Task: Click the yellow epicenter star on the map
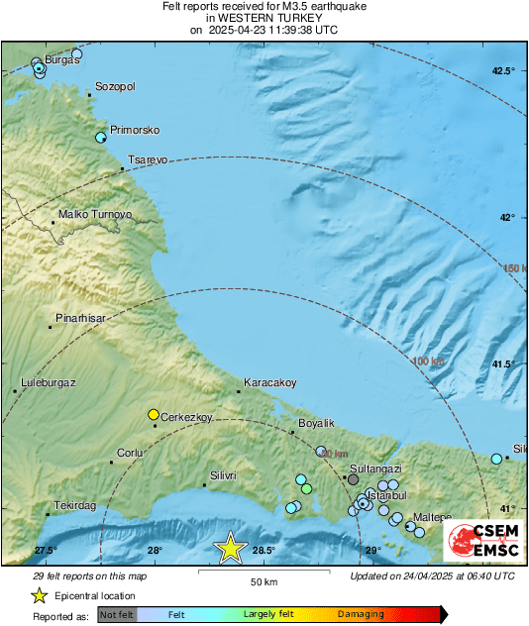[x=231, y=547]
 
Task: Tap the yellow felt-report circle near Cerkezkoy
[x=154, y=414]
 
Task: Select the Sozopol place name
[x=114, y=86]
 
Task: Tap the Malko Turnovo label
[x=95, y=214]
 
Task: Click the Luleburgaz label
[x=49, y=382]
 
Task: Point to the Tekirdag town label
[x=75, y=505]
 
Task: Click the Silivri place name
[x=220, y=475]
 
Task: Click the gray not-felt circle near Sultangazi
[x=353, y=478]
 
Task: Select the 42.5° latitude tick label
[x=504, y=71]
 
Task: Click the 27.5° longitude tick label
[x=46, y=550]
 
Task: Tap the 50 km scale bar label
[x=263, y=580]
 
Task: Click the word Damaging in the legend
[x=361, y=614]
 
